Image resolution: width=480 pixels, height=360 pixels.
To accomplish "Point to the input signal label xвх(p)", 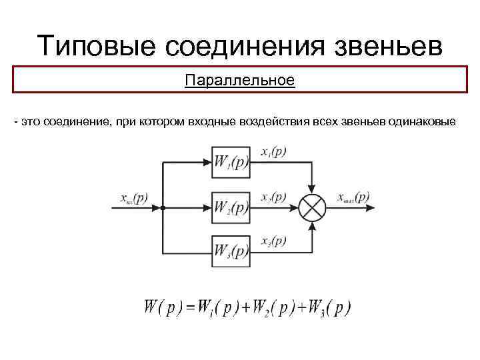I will tap(134, 198).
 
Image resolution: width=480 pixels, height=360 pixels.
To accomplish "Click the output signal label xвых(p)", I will tap(353, 197).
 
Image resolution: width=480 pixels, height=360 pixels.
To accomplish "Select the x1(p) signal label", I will tap(274, 152).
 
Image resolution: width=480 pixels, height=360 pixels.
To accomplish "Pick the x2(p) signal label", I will tap(274, 197).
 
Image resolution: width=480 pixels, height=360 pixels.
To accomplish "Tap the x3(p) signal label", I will tap(274, 241).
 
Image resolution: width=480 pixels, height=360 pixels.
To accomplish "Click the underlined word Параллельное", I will tap(239, 81).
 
